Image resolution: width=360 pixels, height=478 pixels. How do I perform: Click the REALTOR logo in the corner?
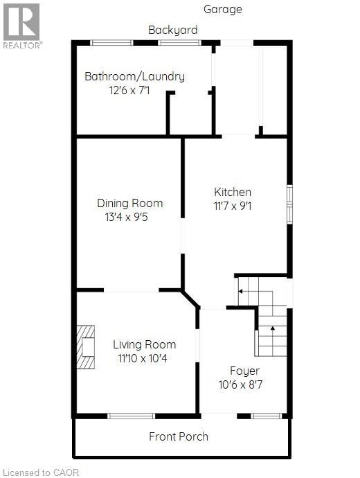[22, 25]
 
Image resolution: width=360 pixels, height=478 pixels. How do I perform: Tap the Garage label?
[223, 10]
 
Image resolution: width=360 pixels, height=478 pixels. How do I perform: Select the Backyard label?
[173, 30]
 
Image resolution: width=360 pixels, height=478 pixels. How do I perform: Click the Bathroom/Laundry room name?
[134, 76]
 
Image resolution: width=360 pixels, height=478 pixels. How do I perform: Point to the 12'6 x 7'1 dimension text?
[134, 90]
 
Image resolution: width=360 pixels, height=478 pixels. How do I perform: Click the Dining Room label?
[130, 203]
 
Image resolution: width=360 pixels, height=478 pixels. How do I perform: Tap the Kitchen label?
[233, 192]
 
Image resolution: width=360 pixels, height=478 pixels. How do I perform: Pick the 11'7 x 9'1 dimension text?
[233, 206]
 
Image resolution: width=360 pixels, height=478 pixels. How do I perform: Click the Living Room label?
[145, 344]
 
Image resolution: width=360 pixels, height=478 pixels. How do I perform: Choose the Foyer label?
[245, 371]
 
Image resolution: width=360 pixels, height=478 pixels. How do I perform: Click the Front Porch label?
[179, 436]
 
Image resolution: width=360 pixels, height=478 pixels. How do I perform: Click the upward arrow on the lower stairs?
[273, 328]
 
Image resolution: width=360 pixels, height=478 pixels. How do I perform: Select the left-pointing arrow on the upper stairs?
[242, 292]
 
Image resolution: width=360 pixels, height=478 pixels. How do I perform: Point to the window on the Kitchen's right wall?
[290, 204]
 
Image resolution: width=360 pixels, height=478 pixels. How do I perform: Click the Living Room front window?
[131, 416]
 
